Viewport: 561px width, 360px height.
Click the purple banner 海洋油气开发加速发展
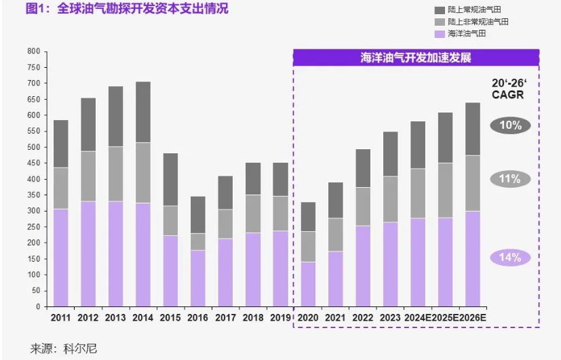(x=416, y=58)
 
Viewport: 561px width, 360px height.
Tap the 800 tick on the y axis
(x=33, y=52)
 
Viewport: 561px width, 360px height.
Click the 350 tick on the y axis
(x=33, y=211)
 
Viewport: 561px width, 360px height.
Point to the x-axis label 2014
(x=143, y=317)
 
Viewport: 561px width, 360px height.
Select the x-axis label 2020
(x=308, y=317)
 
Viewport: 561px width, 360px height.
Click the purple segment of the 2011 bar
(x=61, y=258)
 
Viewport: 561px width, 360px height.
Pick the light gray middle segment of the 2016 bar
(x=198, y=242)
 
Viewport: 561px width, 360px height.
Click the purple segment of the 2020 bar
(x=308, y=284)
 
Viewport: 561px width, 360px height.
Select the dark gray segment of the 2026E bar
(x=473, y=129)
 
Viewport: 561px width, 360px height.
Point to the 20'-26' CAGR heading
(x=508, y=89)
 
